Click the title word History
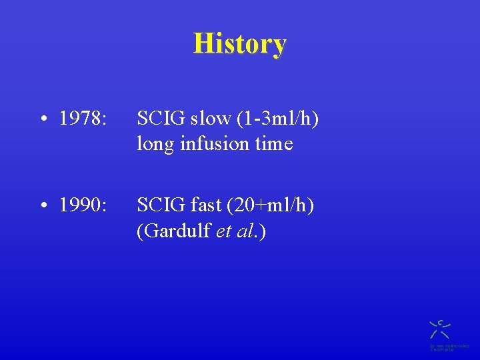pyautogui.click(x=240, y=44)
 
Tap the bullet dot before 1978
pyautogui.click(x=42, y=120)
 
